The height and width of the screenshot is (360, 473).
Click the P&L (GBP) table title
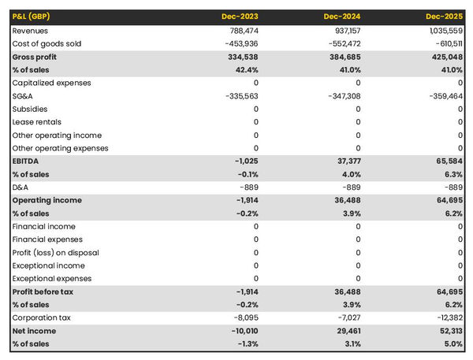35,16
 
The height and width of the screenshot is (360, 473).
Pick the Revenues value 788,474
241,30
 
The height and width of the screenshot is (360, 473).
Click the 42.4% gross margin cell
245,69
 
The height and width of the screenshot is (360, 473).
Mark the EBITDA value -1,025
245,161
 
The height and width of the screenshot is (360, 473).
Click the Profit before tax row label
43,291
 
